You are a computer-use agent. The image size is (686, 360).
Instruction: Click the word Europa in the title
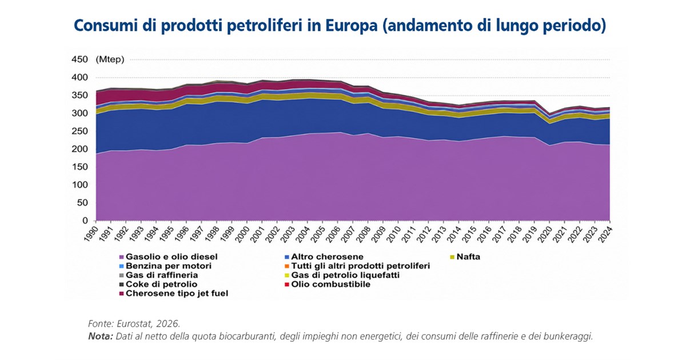click(351, 25)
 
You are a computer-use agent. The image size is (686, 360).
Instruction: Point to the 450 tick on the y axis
click(79, 59)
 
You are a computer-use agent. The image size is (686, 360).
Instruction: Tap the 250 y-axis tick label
click(79, 131)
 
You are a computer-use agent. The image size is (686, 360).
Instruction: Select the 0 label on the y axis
click(85, 221)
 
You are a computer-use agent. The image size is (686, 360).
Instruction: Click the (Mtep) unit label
click(110, 59)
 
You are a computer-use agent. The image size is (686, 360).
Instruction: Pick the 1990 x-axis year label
click(91, 234)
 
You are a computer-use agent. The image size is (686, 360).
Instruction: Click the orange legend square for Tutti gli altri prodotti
click(287, 266)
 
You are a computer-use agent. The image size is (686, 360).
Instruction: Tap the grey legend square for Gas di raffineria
click(122, 275)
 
